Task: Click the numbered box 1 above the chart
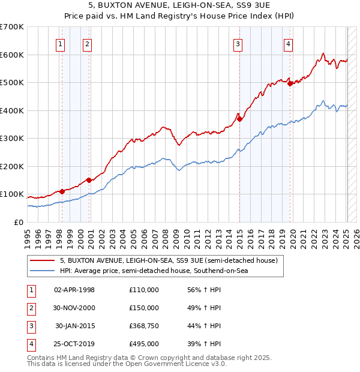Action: pyautogui.click(x=61, y=43)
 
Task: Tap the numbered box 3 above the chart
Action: pyautogui.click(x=238, y=43)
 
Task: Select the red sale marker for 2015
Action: pyautogui.click(x=239, y=119)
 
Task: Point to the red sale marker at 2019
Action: pyautogui.click(x=290, y=84)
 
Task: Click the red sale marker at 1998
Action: pyautogui.click(x=62, y=191)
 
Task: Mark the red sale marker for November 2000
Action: pyautogui.click(x=89, y=180)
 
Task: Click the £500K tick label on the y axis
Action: pyautogui.click(x=11, y=82)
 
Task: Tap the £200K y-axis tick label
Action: pyautogui.click(x=11, y=166)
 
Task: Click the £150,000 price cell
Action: pyautogui.click(x=144, y=308)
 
